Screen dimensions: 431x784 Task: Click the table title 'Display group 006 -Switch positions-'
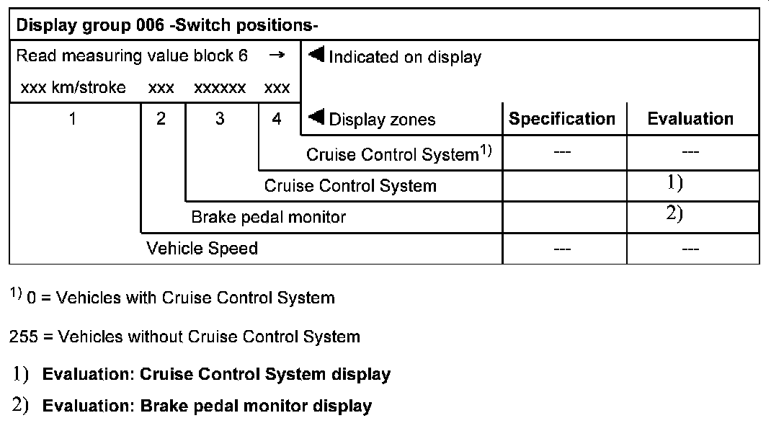coord(167,26)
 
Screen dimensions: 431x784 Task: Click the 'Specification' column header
coord(562,119)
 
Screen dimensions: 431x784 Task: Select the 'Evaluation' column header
coord(690,119)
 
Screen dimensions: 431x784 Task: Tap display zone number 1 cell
coord(73,119)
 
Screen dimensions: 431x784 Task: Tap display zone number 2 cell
coord(161,119)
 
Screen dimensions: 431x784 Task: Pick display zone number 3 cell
coord(220,119)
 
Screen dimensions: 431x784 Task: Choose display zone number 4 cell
coord(277,119)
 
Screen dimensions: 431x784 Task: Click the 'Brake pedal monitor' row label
coord(268,217)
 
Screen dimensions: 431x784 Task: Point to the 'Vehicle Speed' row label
coord(202,249)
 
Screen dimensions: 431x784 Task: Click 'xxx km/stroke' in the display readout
coord(73,88)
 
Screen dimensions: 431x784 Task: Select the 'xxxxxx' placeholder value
coord(220,88)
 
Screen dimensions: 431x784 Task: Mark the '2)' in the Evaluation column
coord(674,214)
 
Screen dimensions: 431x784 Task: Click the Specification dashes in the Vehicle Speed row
coord(562,249)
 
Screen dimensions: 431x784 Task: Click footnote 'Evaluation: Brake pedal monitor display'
coord(207,406)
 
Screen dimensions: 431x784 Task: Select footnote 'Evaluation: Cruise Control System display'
coord(216,374)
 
